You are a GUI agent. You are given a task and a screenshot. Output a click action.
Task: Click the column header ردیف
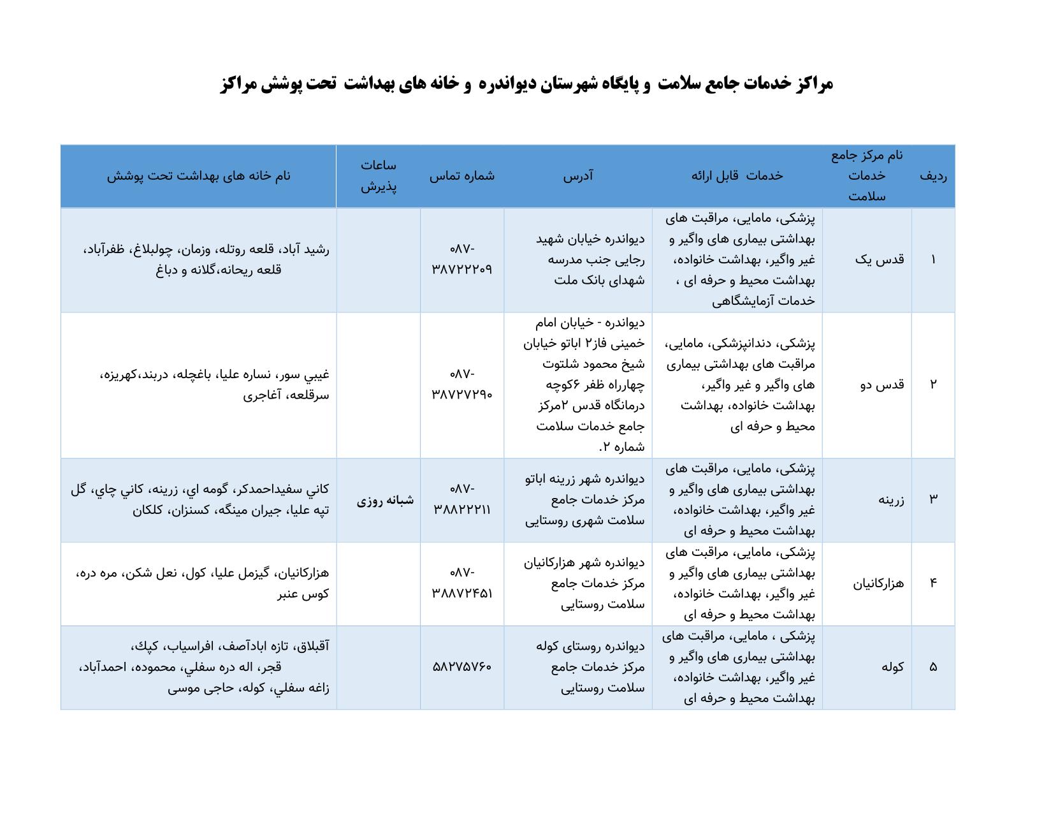932,177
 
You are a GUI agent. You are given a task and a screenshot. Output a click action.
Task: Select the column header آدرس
577,176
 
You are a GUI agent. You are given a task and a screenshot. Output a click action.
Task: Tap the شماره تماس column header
461,176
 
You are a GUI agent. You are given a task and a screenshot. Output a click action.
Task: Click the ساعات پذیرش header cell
379,176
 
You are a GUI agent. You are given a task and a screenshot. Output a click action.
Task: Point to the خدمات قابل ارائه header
737,176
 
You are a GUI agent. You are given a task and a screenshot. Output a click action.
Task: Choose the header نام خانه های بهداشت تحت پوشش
198,176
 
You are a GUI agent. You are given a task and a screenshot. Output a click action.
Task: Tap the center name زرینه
891,499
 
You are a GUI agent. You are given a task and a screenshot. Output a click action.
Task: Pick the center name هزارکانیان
878,583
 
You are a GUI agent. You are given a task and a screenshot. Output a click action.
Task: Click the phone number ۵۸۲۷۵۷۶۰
462,667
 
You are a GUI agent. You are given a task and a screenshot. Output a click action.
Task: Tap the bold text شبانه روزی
385,500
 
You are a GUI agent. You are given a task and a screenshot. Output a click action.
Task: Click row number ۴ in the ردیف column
933,583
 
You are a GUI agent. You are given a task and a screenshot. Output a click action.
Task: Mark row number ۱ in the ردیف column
933,260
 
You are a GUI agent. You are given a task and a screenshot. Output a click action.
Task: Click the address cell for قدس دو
583,385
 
